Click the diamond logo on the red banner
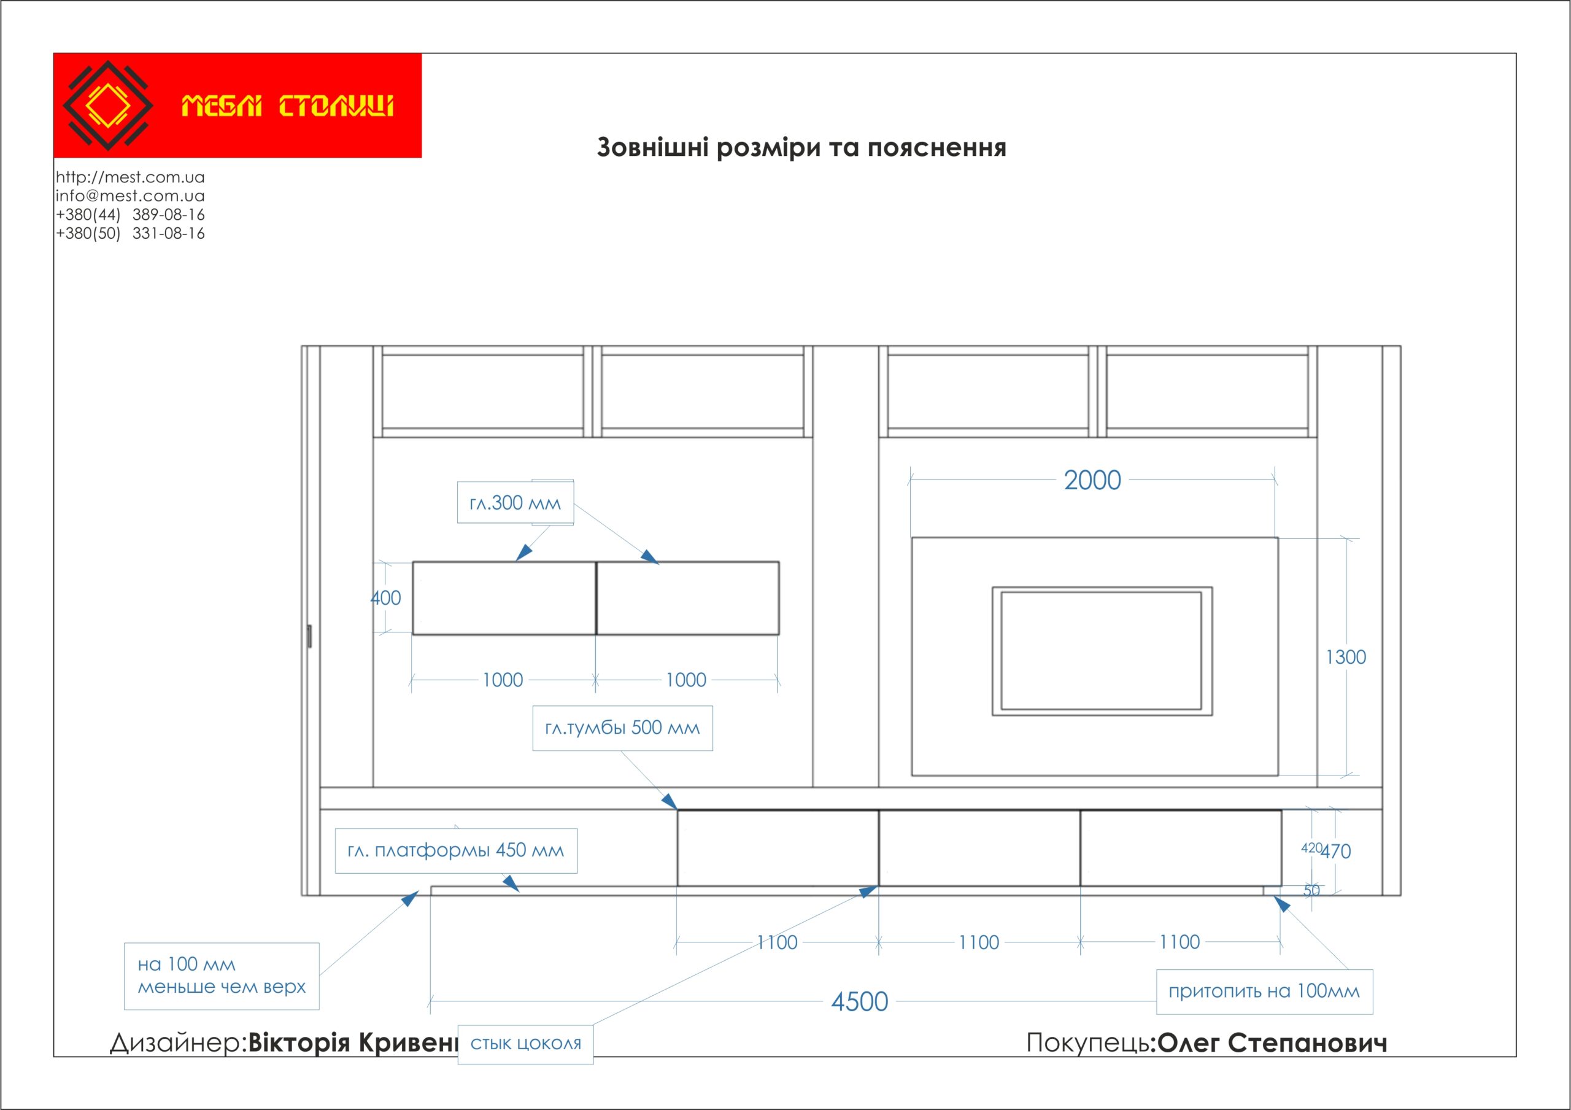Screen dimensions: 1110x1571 coord(108,106)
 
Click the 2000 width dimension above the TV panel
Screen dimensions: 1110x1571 coord(1092,481)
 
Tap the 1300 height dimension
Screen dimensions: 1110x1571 coord(1345,657)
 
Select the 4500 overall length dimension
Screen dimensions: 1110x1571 coord(859,1002)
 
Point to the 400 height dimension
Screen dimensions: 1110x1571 coord(386,598)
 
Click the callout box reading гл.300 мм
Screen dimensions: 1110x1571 coord(515,503)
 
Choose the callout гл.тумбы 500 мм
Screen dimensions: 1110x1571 coord(622,728)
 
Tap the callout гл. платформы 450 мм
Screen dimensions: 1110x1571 coord(456,851)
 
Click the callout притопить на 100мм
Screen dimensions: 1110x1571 coord(1264,992)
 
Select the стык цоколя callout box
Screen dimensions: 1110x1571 coord(525,1044)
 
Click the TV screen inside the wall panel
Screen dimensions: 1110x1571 coord(1101,651)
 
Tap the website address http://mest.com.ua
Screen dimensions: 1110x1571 coord(130,177)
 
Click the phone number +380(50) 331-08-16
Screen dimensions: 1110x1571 coord(130,233)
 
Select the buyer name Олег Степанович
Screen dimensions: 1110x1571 coord(1272,1043)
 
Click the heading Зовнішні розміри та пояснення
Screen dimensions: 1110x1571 coord(801,148)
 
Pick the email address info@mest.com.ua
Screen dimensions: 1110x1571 coord(130,196)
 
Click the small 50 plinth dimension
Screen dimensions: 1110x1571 coord(1311,890)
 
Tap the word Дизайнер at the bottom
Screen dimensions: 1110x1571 coord(175,1043)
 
